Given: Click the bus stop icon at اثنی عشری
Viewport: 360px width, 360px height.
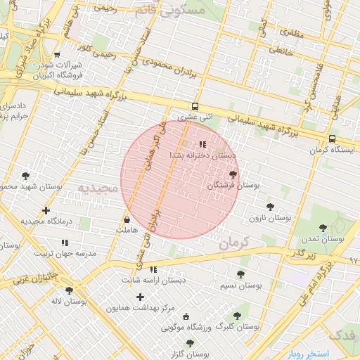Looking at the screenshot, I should click(x=195, y=107).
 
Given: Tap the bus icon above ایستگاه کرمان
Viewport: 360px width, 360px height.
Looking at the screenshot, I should click(x=332, y=139).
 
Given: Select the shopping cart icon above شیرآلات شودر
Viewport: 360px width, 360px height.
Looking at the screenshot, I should click(x=57, y=55).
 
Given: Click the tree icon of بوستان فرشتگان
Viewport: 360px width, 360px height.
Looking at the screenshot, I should click(x=233, y=173).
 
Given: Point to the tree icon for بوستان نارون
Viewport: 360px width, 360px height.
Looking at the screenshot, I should click(x=270, y=207).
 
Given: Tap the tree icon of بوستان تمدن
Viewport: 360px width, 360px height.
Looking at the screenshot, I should click(x=323, y=227).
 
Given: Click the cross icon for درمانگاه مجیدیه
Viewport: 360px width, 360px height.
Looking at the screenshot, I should click(x=46, y=210).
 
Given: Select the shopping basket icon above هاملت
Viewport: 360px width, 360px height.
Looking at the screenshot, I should click(x=127, y=219).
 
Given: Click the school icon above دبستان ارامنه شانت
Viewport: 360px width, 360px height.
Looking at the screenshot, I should click(x=153, y=269).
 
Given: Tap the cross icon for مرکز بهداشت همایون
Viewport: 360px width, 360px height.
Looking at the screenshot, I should click(x=141, y=297).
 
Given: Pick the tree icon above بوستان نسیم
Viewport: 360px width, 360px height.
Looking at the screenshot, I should click(x=240, y=274).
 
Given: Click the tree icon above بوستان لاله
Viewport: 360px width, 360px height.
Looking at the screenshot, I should click(x=69, y=290).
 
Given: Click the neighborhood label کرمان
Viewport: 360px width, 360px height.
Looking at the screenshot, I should click(x=234, y=244).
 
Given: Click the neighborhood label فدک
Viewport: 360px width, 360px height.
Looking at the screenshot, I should click(x=342, y=334).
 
